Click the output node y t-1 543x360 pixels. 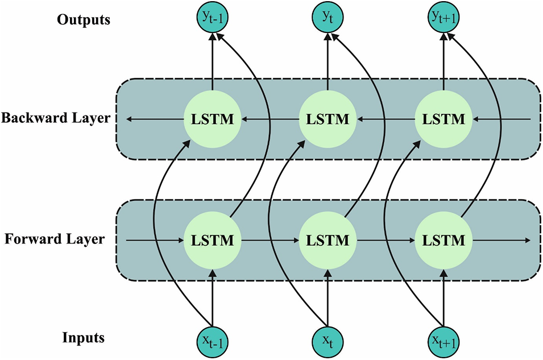click(212, 19)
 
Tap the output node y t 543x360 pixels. click(328, 19)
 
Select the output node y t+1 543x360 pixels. click(443, 19)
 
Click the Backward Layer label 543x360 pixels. click(56, 119)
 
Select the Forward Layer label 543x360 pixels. click(55, 239)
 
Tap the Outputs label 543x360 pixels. click(83, 20)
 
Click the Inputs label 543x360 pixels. click(83, 338)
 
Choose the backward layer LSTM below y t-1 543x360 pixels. click(212, 119)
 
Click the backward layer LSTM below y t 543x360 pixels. click(328, 119)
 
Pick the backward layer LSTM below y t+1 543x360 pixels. click(443, 119)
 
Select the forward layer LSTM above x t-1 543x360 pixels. click(212, 240)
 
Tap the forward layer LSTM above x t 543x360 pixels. click(328, 240)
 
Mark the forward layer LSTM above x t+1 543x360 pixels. click(443, 240)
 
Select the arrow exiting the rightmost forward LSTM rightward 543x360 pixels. click(503, 240)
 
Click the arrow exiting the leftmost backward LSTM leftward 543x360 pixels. click(154, 119)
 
